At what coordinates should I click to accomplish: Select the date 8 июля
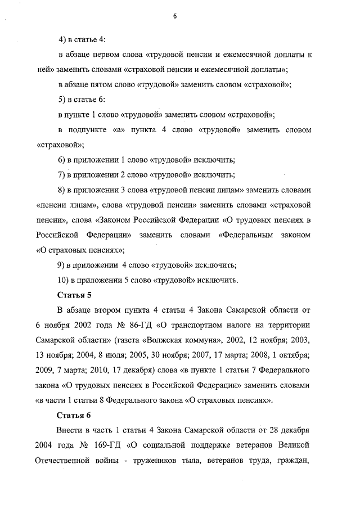pos(122,355)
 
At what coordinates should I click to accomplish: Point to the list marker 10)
pos(63,280)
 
